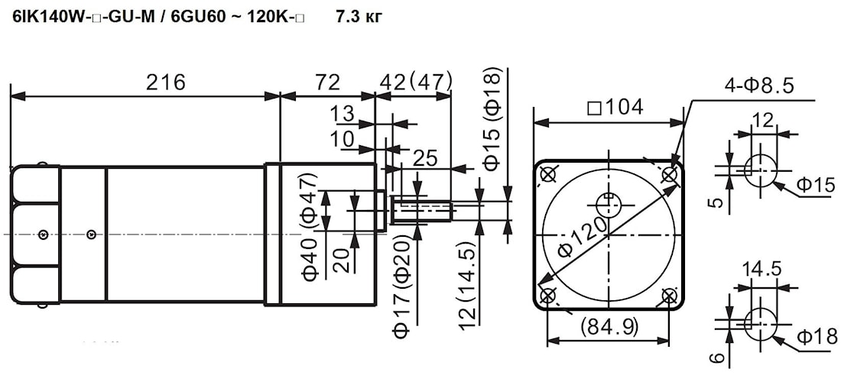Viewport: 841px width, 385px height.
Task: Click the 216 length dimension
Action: coord(165,82)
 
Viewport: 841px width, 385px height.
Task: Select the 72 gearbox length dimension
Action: coord(327,82)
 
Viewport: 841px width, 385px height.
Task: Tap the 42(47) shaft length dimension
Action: coord(416,82)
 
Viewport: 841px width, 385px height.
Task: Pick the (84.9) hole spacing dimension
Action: coord(609,326)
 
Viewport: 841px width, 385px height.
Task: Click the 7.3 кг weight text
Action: coord(359,17)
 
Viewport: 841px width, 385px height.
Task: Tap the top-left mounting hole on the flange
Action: coord(547,174)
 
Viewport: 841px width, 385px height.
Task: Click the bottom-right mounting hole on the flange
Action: coord(670,296)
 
